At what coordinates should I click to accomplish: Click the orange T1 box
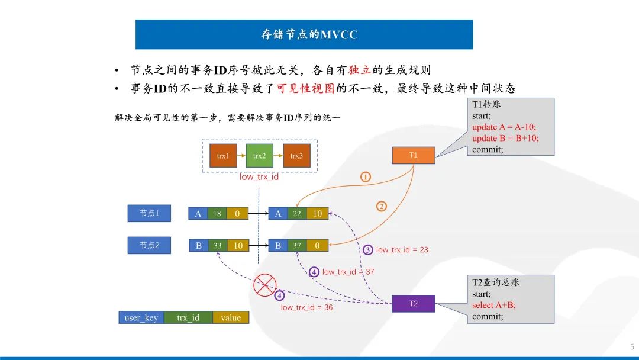pyautogui.click(x=414, y=155)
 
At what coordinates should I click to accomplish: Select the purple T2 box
pyautogui.click(x=413, y=304)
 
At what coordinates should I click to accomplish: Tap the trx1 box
pyautogui.click(x=223, y=156)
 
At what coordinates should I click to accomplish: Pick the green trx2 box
pyautogui.click(x=260, y=156)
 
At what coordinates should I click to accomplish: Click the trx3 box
pyautogui.click(x=296, y=156)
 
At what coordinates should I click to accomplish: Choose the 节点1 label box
pyautogui.click(x=149, y=213)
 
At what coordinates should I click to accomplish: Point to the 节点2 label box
pyautogui.click(x=149, y=245)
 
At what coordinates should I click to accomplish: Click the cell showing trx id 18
pyautogui.click(x=217, y=214)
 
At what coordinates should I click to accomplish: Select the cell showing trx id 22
pyautogui.click(x=297, y=214)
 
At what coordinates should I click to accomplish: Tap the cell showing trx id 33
pyautogui.click(x=217, y=245)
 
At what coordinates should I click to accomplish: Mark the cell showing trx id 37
pyautogui.click(x=297, y=245)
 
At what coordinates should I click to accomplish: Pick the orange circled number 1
pyautogui.click(x=366, y=176)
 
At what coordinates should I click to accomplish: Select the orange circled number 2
pyautogui.click(x=382, y=207)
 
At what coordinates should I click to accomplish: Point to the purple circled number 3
pyautogui.click(x=367, y=250)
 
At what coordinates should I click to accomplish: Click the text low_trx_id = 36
pyautogui.click(x=306, y=307)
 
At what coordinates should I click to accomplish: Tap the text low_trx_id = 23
pyautogui.click(x=402, y=250)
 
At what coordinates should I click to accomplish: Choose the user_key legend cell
pyautogui.click(x=141, y=318)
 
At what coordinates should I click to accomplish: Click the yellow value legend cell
pyautogui.click(x=231, y=318)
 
